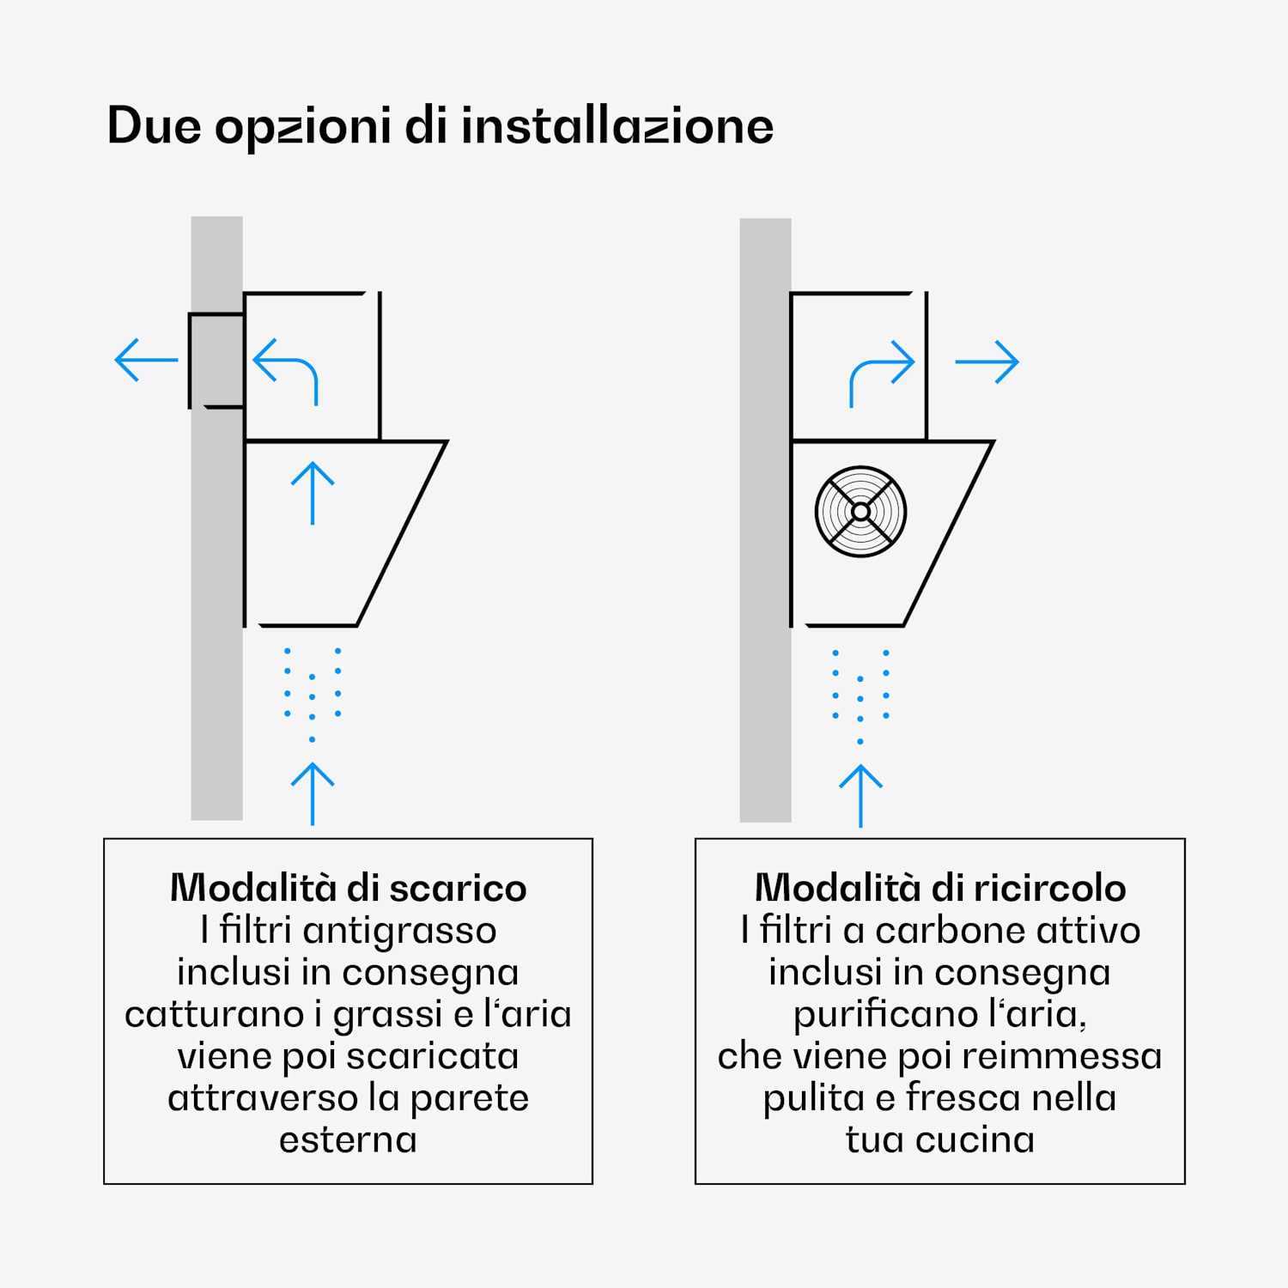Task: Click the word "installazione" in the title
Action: point(617,125)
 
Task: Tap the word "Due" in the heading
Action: point(154,125)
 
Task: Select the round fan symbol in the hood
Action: point(860,512)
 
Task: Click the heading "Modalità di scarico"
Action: point(348,888)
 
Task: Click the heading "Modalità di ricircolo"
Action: point(940,888)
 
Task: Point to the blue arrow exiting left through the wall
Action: point(146,360)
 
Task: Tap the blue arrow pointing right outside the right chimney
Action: point(987,361)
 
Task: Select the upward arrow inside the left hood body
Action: point(313,493)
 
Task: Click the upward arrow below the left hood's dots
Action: point(313,794)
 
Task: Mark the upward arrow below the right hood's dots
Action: point(860,796)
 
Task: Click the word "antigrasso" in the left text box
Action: point(399,931)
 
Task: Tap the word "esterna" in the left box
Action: point(348,1140)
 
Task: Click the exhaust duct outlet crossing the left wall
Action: point(216,361)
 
